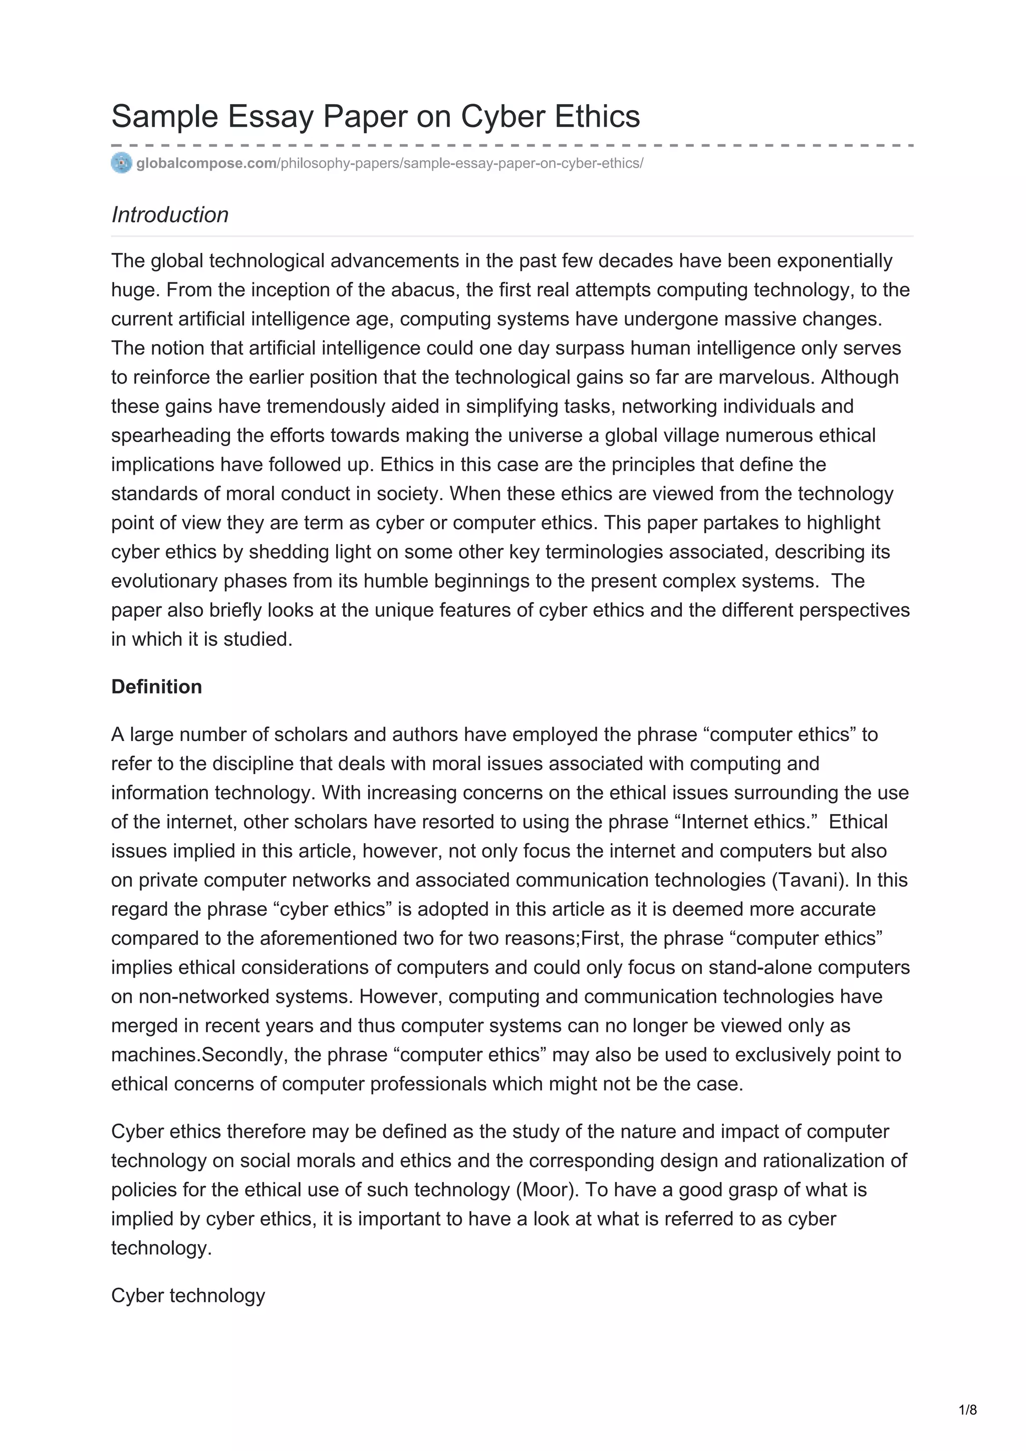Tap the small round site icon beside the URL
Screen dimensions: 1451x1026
(x=121, y=163)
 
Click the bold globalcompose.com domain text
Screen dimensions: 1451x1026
(x=206, y=164)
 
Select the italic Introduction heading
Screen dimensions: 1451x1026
(x=169, y=215)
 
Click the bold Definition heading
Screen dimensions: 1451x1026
(x=156, y=686)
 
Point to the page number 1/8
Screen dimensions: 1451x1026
(x=968, y=1409)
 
